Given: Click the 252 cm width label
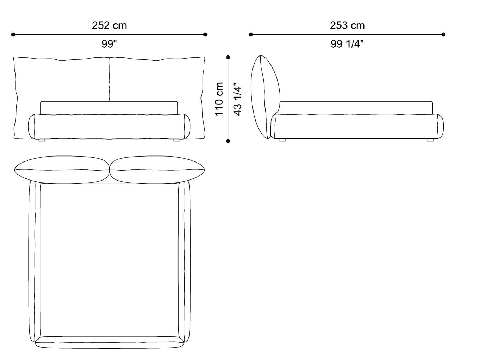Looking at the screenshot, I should point(109,25).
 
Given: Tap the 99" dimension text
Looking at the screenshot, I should point(109,44).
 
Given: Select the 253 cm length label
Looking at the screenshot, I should point(347,25).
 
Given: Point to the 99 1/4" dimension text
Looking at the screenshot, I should point(347,44).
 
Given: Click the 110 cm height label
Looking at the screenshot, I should point(219,99).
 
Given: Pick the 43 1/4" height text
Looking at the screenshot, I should point(238,99).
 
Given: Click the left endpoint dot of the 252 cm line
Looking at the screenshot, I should point(13,35).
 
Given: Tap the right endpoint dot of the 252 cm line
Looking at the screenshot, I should point(205,35).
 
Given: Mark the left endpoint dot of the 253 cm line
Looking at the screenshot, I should point(251,35).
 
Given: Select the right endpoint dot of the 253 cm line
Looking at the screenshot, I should point(443,35).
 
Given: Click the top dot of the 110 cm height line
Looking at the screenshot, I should point(228,57).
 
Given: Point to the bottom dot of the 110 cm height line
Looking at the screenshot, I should point(228,141).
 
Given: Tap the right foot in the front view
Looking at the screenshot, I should point(177,140).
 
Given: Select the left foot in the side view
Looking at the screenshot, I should point(282,140).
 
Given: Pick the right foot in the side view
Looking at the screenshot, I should point(430,140).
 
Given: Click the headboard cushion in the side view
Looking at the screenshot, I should point(265,97).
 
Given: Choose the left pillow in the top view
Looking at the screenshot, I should point(62,170).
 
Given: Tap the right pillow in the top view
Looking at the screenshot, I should point(157,170).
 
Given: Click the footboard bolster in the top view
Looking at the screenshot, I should point(110,342).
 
